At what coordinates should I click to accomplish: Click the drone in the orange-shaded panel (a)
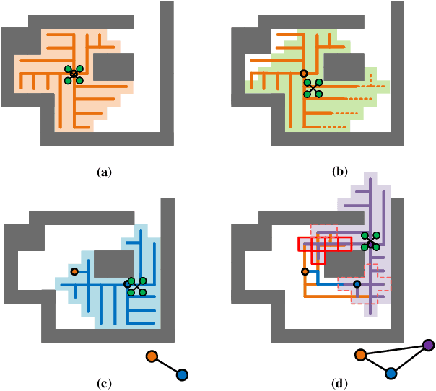[x=74, y=74]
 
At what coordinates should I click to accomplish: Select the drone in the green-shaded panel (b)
[x=313, y=88]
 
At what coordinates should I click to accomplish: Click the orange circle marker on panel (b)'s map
[x=304, y=74]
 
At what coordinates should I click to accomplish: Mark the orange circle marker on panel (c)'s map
[x=74, y=271]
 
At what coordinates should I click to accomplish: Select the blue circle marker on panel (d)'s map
[x=357, y=285]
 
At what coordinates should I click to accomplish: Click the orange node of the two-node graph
[x=152, y=356]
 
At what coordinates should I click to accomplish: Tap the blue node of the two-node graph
[x=182, y=374]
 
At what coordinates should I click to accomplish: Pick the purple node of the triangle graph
[x=428, y=346]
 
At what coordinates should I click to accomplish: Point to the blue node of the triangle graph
[x=391, y=373]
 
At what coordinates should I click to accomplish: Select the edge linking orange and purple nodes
[x=395, y=351]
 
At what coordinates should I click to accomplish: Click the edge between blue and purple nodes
[x=409, y=359]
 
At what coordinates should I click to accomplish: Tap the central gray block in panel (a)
[x=113, y=67]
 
